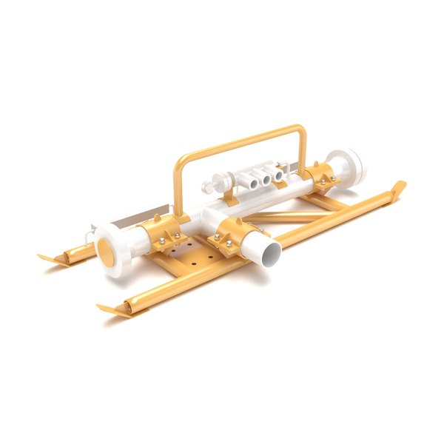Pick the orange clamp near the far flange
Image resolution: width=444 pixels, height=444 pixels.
[x=321, y=180]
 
